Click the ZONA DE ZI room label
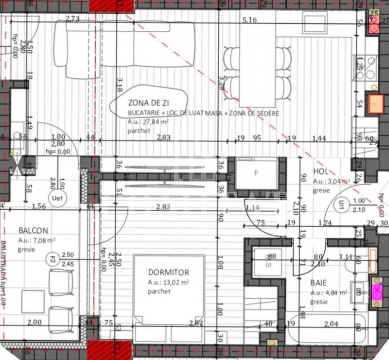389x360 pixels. [148, 103]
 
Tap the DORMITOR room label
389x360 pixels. [168, 272]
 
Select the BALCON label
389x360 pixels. [33, 231]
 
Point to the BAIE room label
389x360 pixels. [318, 283]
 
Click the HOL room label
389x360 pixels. [320, 172]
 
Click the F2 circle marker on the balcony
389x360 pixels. [51, 259]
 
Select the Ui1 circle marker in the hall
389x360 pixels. [341, 206]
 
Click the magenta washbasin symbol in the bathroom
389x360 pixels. [377, 291]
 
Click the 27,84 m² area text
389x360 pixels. [148, 122]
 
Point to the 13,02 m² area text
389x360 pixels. [168, 282]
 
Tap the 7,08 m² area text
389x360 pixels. [37, 240]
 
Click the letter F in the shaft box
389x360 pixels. [256, 173]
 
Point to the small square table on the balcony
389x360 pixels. [33, 301]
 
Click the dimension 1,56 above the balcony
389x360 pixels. [39, 206]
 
